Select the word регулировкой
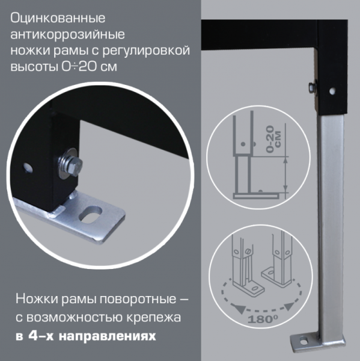coord(149,51)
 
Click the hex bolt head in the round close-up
coord(66,162)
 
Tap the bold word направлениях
coord(104,336)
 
